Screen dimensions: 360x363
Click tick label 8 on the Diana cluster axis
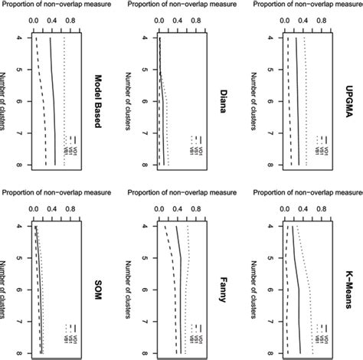coord(141,164)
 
